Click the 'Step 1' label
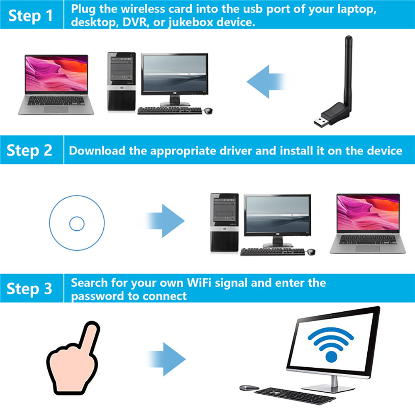coord(30,16)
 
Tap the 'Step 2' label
coord(29,150)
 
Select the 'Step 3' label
coord(29,288)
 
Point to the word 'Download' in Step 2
coord(97,151)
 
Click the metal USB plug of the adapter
coord(321,122)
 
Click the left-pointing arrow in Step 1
coord(266,81)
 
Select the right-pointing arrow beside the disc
coord(165,221)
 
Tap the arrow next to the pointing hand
coord(166,359)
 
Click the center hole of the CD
coord(77,224)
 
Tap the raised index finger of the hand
coord(90,338)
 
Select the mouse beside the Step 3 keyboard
coord(248,388)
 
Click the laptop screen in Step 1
coord(56,73)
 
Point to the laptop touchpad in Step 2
coord(367,249)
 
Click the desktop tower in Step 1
coord(122,81)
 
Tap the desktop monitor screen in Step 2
coord(277,214)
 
